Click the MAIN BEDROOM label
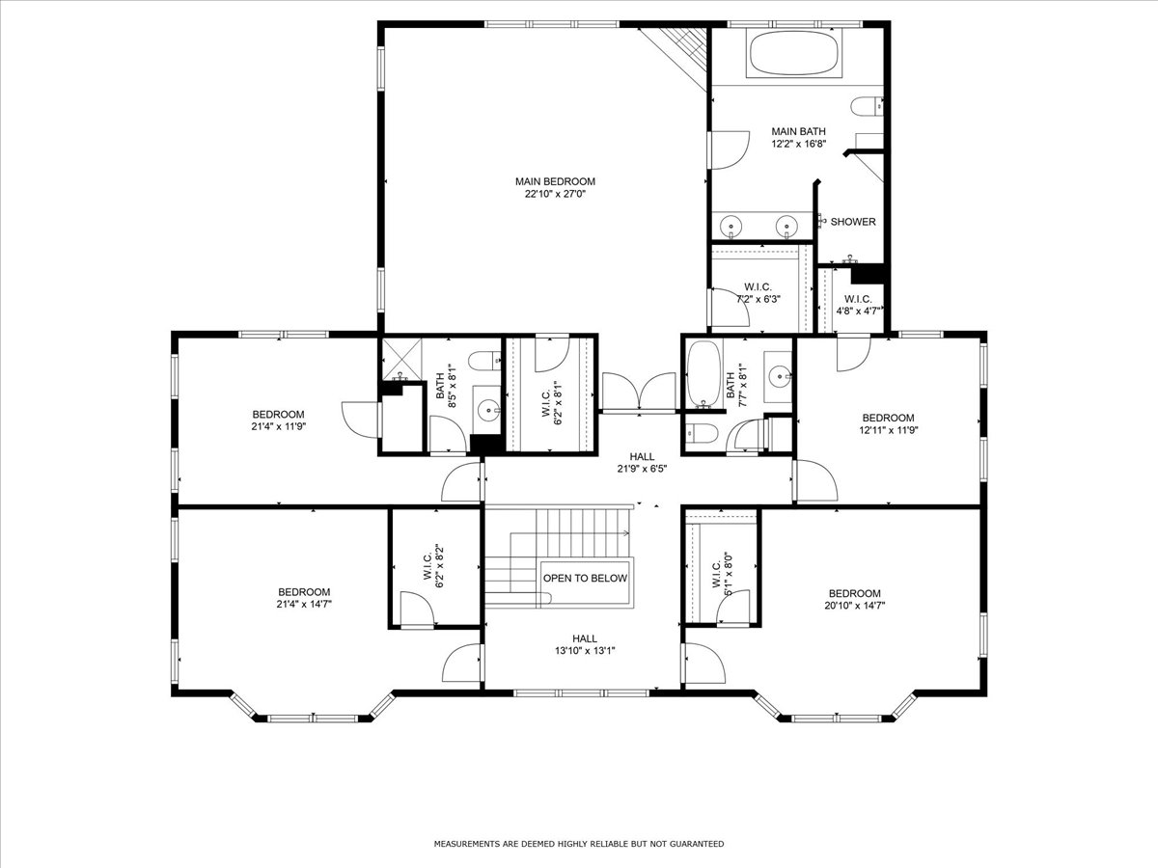[x=555, y=181]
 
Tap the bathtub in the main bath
[x=793, y=54]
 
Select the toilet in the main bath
[x=867, y=106]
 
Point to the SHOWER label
[x=852, y=222]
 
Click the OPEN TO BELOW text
[x=585, y=578]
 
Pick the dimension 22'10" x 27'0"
[x=555, y=194]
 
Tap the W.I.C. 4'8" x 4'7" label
[x=858, y=305]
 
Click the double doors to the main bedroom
[x=639, y=391]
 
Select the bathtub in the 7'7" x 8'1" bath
[x=703, y=373]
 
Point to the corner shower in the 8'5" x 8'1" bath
[x=402, y=360]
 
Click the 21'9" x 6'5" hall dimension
[x=642, y=469]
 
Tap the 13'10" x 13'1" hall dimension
[x=585, y=650]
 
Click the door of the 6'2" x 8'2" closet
[x=417, y=610]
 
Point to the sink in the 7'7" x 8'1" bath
[x=780, y=377]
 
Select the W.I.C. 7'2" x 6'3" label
[x=758, y=293]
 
